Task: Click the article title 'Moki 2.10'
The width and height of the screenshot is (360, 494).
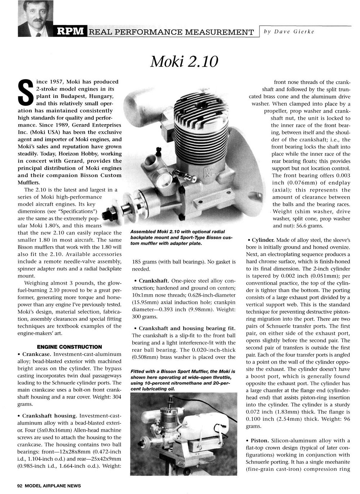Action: (x=184, y=62)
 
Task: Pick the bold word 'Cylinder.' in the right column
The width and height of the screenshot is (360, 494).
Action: (x=264, y=240)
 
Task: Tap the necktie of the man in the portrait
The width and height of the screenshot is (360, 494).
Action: (x=38, y=33)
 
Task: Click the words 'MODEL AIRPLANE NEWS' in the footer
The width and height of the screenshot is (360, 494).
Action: (x=53, y=486)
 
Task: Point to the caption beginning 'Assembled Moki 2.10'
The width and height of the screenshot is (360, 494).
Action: (x=177, y=237)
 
